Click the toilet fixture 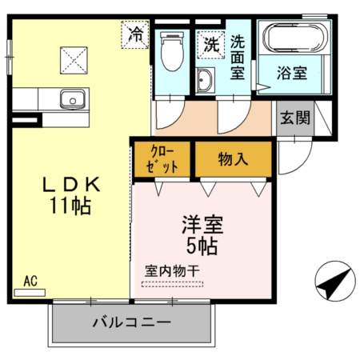(173, 51)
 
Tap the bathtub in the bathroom (295, 38)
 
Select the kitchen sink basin (73, 99)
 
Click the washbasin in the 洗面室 (204, 80)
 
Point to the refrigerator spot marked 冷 (135, 34)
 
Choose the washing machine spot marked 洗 (211, 45)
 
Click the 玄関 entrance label (295, 118)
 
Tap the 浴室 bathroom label (292, 73)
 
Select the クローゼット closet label (162, 159)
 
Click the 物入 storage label (233, 159)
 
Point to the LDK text (71, 185)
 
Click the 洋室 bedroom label (202, 225)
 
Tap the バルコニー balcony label (132, 322)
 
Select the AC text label (30, 281)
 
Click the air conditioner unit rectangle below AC (30, 293)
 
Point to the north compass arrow (335, 283)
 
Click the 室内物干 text (172, 271)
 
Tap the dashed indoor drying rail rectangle (172, 285)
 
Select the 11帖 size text (70, 206)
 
